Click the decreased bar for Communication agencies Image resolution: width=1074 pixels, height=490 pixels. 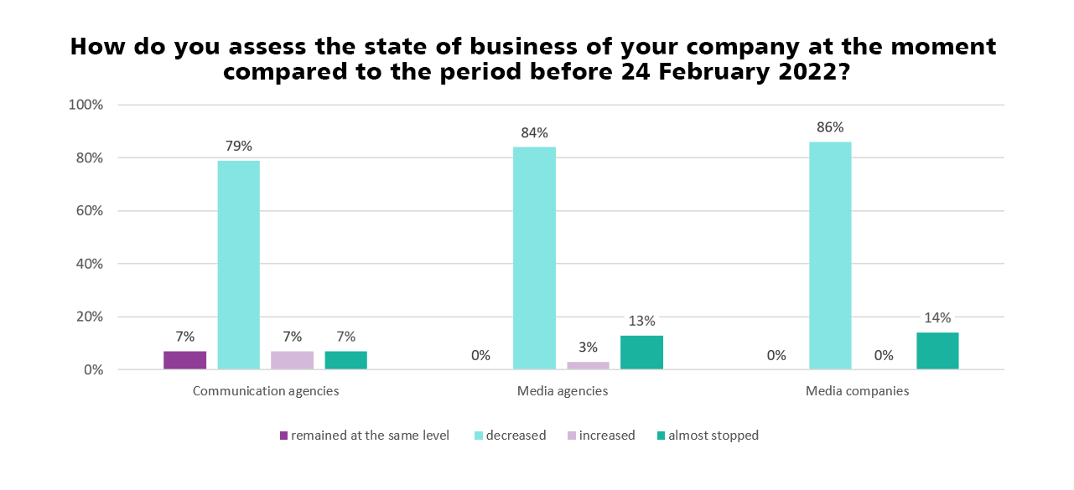(238, 264)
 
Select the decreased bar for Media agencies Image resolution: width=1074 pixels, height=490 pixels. (534, 258)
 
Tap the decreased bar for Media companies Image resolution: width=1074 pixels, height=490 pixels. (830, 255)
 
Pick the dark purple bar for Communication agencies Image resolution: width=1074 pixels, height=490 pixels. (184, 360)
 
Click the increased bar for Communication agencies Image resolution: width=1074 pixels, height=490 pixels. (292, 360)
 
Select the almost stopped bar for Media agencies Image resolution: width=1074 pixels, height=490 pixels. (641, 353)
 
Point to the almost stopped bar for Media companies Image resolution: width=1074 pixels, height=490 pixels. (937, 351)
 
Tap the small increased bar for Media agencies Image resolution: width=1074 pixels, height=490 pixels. (588, 365)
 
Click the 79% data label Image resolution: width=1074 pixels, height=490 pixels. (238, 146)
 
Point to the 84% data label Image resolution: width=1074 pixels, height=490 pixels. (534, 132)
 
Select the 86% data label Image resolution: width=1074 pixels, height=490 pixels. (830, 127)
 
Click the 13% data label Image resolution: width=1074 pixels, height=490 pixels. (641, 321)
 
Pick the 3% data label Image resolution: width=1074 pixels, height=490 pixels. (588, 348)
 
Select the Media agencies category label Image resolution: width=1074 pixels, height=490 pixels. (563, 391)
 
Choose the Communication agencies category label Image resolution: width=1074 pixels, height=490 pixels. (266, 391)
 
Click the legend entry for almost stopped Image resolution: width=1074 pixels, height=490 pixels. (713, 436)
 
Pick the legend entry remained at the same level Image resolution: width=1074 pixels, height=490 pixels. (370, 436)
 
